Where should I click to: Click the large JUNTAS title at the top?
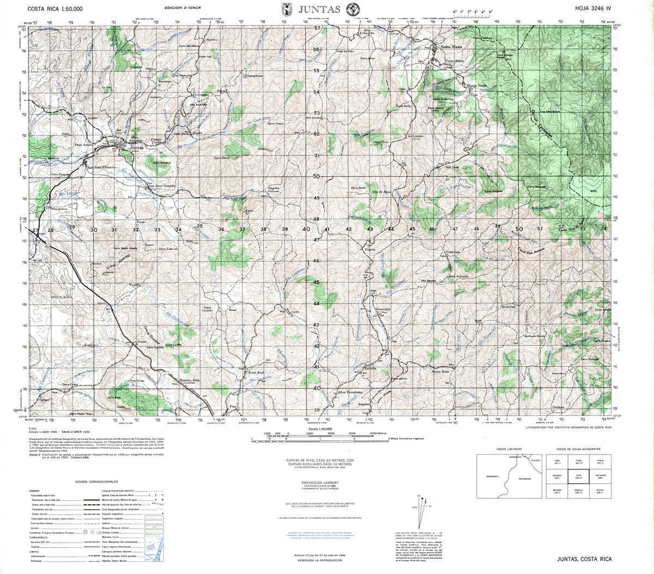[319, 9]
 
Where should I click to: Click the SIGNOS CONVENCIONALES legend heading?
[96, 482]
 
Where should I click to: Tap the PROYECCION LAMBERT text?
[319, 482]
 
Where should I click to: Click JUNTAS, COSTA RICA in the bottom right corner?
[584, 559]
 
